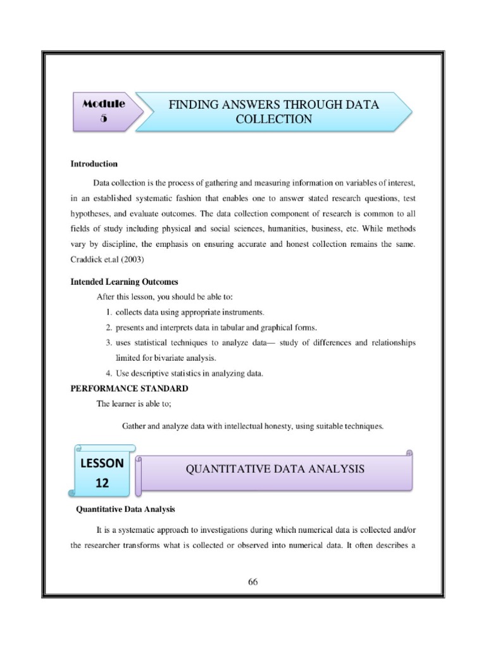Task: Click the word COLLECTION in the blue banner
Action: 273,119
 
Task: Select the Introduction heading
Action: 94,164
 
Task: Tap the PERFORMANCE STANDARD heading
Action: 129,388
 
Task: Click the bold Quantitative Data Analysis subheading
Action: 125,508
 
